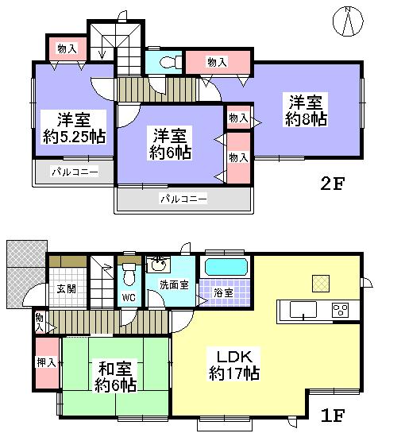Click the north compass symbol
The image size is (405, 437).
pos(349,21)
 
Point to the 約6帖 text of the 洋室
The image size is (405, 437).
pos(171,152)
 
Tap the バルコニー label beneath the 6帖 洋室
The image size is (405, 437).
pos(183,198)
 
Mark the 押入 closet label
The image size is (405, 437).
pos(46,363)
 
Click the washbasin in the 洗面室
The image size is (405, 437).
pos(159,265)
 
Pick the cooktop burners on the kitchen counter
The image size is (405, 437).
pos(340,309)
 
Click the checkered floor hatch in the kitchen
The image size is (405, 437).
pos(320,282)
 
